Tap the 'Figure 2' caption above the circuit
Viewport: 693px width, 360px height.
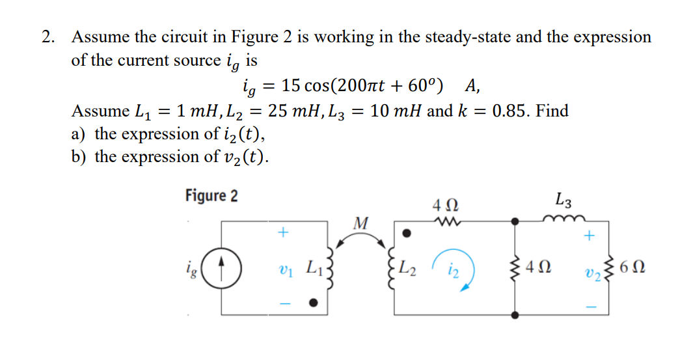pos(211,195)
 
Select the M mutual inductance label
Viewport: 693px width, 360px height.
pos(360,223)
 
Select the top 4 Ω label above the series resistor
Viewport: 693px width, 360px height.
pos(445,206)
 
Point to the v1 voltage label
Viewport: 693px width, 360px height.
pos(283,268)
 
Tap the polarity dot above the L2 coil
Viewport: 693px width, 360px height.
pos(406,232)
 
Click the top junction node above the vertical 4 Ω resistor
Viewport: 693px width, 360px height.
pos(515,221)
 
